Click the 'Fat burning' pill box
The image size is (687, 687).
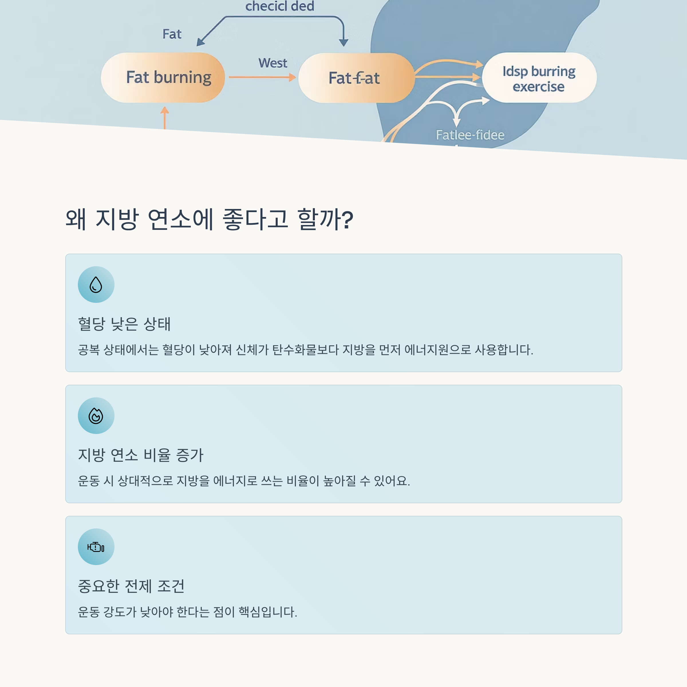[x=163, y=78]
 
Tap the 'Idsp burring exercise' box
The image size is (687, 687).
[x=539, y=78]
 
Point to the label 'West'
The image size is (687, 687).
[x=273, y=63]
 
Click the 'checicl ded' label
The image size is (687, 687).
[x=279, y=6]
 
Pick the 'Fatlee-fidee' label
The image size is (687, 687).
[x=470, y=135]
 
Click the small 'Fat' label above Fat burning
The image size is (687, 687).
[x=172, y=34]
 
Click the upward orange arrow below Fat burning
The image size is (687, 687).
[x=165, y=117]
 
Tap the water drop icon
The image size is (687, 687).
[x=96, y=285]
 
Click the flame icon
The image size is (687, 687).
[x=96, y=415]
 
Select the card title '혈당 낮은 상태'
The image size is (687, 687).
[x=124, y=323]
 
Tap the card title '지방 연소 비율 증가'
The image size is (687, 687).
[x=141, y=455]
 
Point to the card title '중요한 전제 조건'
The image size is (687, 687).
[x=131, y=586]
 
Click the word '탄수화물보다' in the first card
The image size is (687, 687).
[x=305, y=350]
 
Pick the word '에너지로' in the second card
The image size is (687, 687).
[x=235, y=481]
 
